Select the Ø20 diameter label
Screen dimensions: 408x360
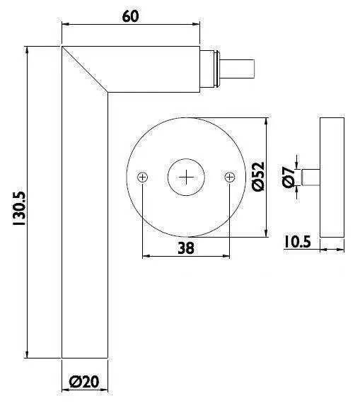coord(84,383)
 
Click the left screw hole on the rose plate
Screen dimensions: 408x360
coord(143,177)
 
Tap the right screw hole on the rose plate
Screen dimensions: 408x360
coord(228,177)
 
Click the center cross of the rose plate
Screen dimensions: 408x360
coord(186,177)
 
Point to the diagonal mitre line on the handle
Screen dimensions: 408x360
coord(85,69)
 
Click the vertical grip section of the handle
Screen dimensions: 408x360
coord(85,226)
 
